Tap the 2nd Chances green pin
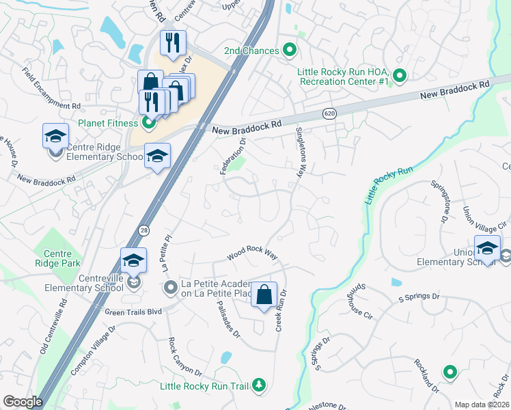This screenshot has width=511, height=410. [289, 51]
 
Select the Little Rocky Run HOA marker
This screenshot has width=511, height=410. [400, 76]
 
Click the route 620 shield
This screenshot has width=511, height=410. [330, 114]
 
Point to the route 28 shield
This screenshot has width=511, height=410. [143, 230]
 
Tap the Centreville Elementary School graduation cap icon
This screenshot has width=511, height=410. [134, 260]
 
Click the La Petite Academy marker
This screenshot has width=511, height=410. [171, 290]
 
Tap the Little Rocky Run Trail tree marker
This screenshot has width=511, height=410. [258, 386]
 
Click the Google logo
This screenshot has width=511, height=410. [23, 402]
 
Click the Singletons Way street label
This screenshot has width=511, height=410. [299, 152]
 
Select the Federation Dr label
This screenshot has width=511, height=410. [232, 156]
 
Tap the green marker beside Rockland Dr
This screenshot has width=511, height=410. [450, 372]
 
